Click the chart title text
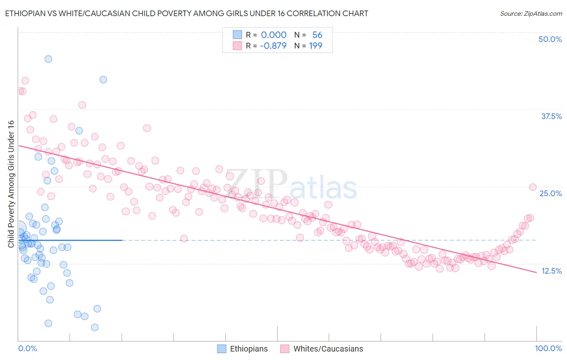(186, 13)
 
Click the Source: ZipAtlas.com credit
(531, 14)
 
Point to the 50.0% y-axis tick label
(550, 39)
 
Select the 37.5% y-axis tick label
(551, 116)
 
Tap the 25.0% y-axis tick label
(550, 193)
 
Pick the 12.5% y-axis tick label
(551, 271)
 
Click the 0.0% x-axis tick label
(27, 348)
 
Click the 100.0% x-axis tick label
(548, 348)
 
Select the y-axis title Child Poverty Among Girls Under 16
(11, 184)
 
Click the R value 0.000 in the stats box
(273, 35)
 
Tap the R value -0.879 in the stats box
(273, 46)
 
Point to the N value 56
(317, 35)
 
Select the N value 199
(315, 46)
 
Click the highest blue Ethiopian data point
(48, 59)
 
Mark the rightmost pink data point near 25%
(532, 187)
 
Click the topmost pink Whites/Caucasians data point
(25, 81)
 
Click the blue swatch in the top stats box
(237, 35)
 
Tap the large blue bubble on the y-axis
(19, 229)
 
